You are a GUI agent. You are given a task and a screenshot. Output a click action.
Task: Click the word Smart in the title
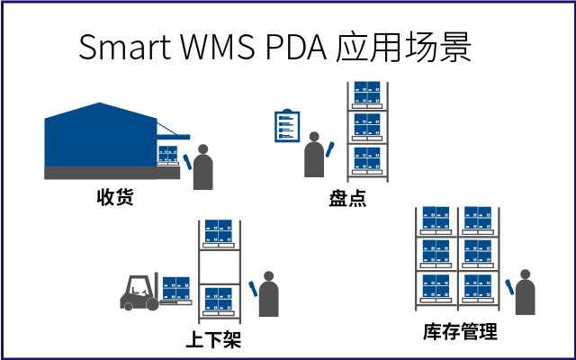click(121, 47)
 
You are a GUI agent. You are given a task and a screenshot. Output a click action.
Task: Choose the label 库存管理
click(460, 332)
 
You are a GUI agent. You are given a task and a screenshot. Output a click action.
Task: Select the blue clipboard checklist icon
click(285, 126)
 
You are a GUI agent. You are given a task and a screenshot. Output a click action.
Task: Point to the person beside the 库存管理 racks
click(524, 296)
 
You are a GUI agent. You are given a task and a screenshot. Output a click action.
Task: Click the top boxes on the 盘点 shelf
click(365, 93)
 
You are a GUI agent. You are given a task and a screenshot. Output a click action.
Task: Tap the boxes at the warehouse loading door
click(167, 154)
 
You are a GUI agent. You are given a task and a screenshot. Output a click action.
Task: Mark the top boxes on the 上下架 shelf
click(219, 232)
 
